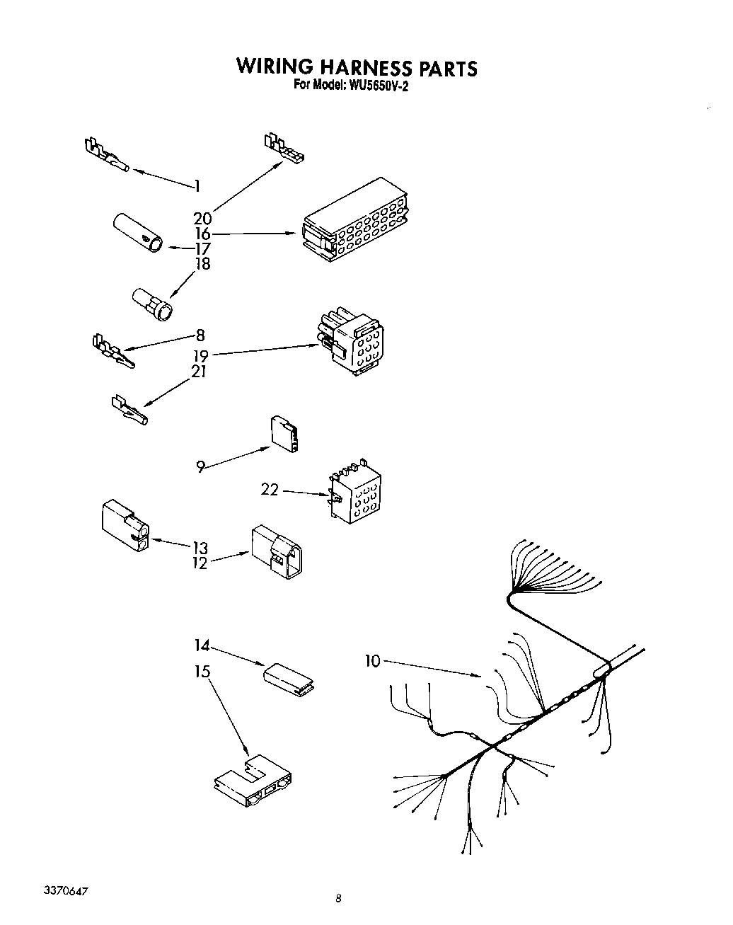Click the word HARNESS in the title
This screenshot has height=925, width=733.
[x=365, y=67]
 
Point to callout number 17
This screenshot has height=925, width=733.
[x=203, y=248]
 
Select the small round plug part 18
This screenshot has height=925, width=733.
[x=151, y=305]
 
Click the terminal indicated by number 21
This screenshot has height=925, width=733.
[x=129, y=410]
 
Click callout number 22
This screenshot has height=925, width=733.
[x=270, y=490]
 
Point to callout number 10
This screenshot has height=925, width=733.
[x=372, y=661]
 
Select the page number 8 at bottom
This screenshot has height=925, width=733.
[x=338, y=899]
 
